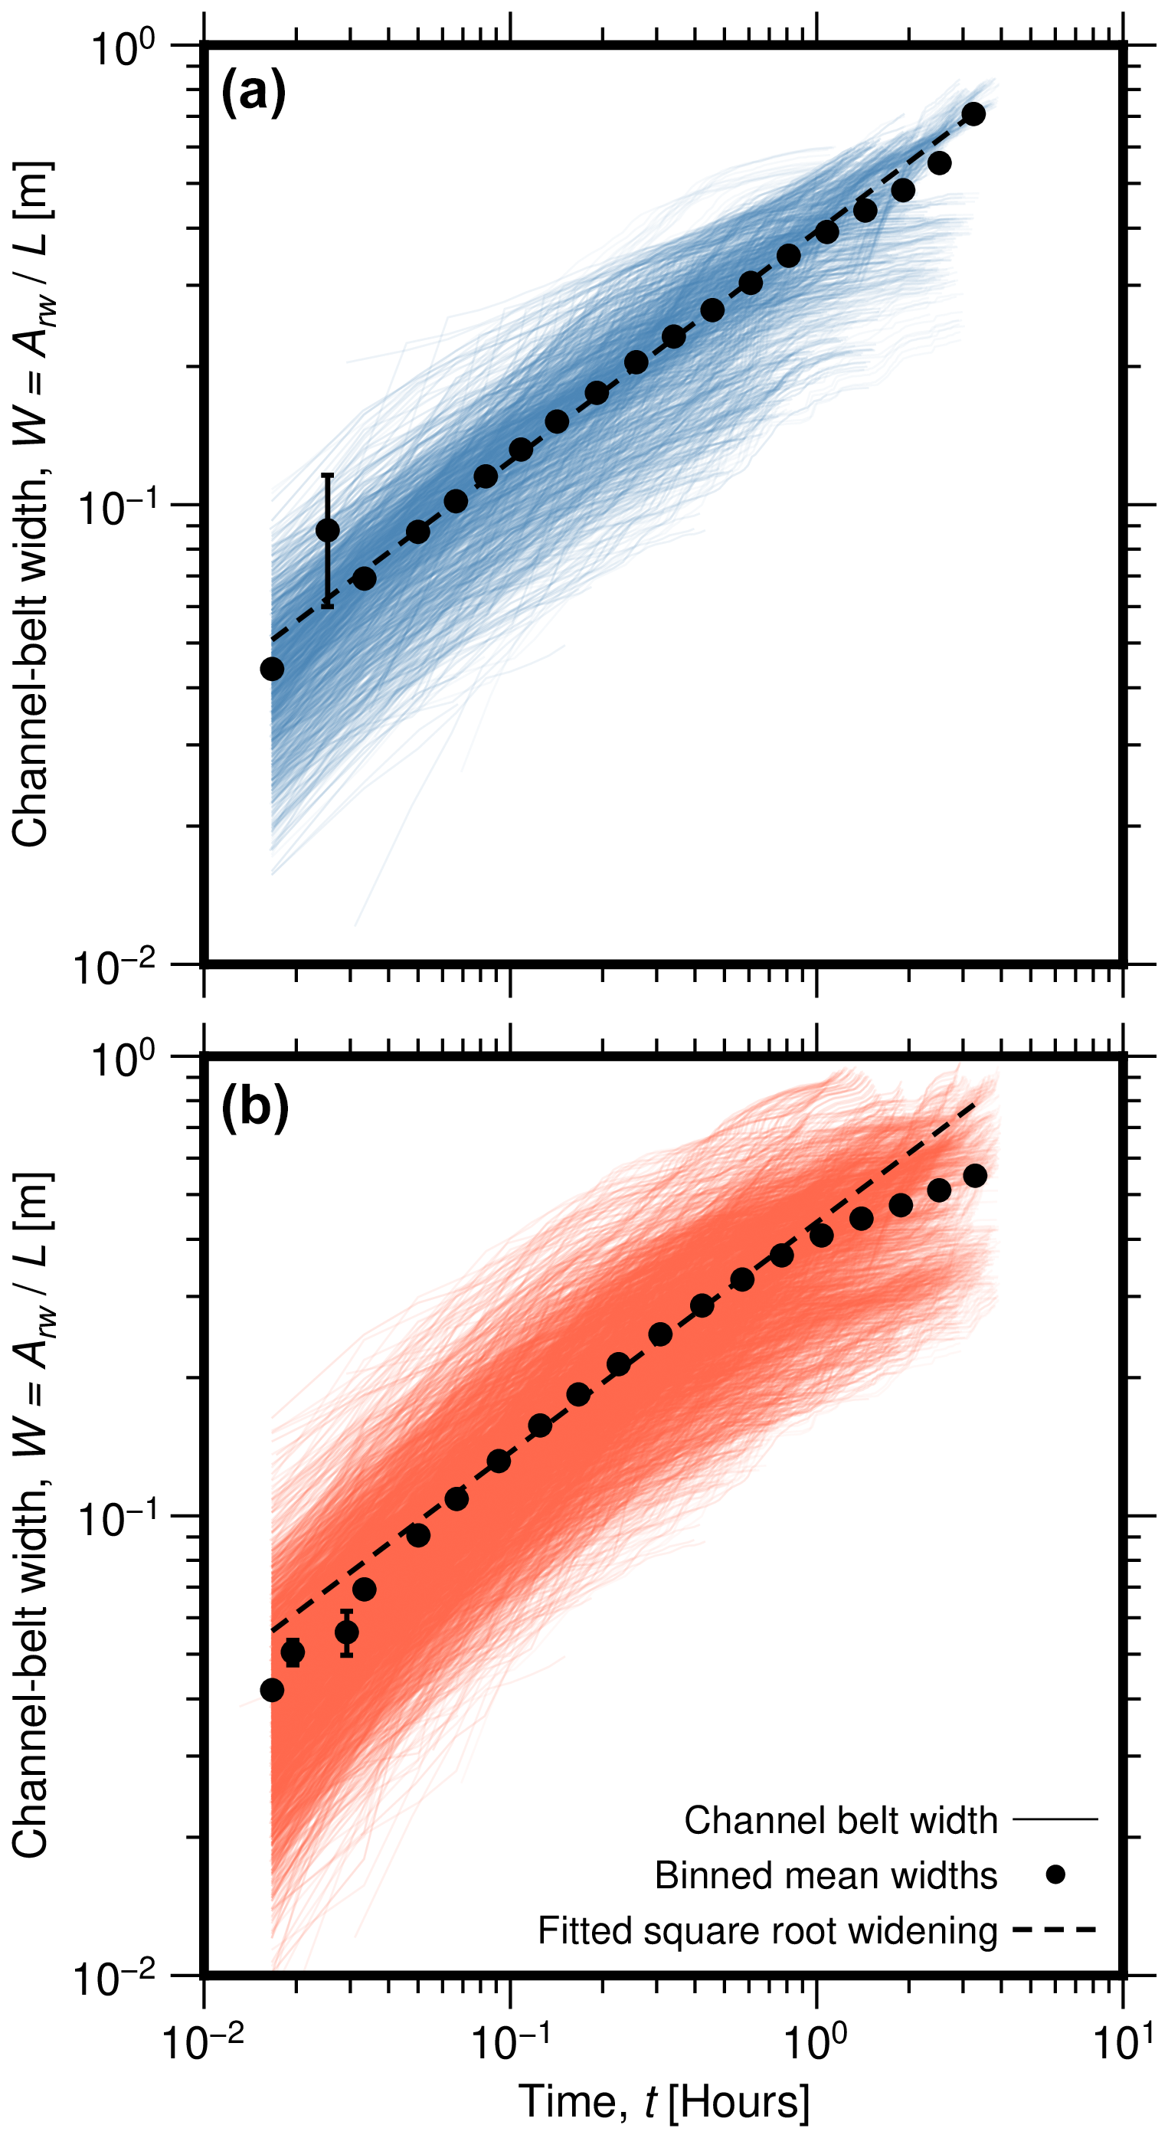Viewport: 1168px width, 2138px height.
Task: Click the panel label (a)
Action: pyautogui.click(x=253, y=93)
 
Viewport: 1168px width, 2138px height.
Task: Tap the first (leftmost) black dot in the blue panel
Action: pyautogui.click(x=271, y=669)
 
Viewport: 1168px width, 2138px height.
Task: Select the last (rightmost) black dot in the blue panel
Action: pyautogui.click(x=974, y=113)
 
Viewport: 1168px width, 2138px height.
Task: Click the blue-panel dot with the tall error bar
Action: pyautogui.click(x=328, y=530)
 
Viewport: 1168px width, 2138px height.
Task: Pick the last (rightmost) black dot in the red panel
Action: pyautogui.click(x=976, y=1175)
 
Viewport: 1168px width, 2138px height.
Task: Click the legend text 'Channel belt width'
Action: pyautogui.click(x=840, y=1820)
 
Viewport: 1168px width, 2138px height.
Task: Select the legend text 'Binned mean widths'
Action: pyautogui.click(x=826, y=1876)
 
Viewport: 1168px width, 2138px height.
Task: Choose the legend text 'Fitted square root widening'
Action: pyautogui.click(x=767, y=1930)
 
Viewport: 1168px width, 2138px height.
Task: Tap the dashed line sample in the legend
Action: pyautogui.click(x=1055, y=1930)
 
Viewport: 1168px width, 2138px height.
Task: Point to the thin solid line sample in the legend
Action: pyautogui.click(x=1055, y=1819)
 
